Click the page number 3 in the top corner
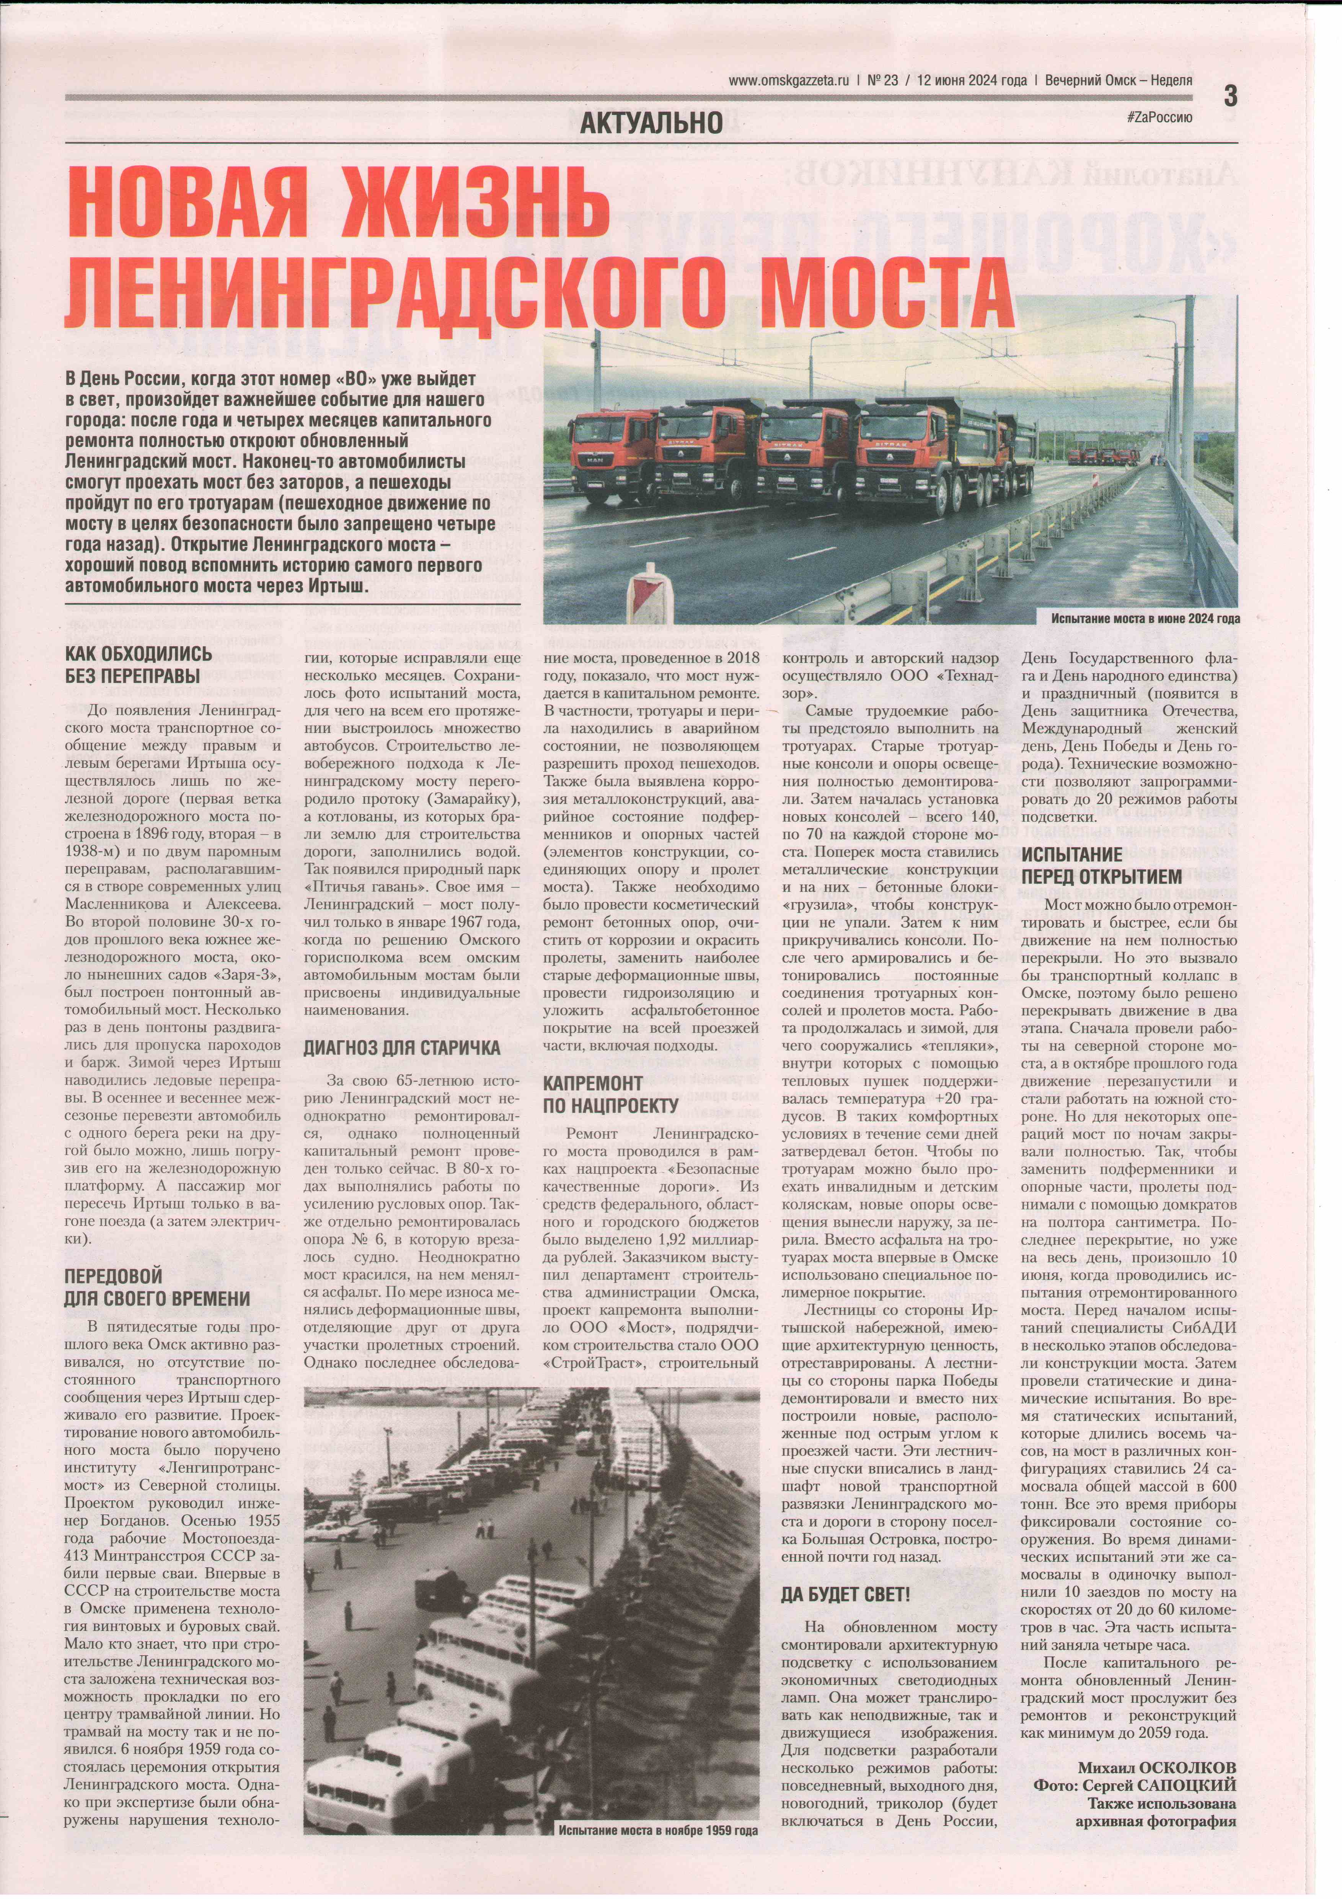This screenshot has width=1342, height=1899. pyautogui.click(x=1230, y=97)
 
